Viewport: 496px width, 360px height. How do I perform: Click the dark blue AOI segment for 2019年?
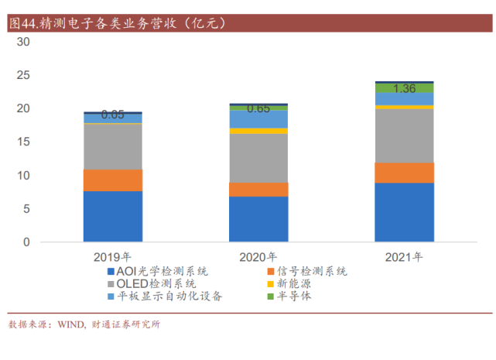pos(113,216)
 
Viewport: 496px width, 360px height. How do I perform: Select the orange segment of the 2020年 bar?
pos(258,190)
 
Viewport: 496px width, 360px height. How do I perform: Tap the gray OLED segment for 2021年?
pos(404,135)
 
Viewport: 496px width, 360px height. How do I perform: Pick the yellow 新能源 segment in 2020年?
pos(258,131)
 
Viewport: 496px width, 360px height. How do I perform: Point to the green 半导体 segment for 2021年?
pos(404,88)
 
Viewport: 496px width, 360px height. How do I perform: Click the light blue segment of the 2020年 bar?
pos(258,119)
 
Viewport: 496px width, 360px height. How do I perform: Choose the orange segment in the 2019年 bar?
pos(113,180)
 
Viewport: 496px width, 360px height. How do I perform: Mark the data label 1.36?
pos(404,89)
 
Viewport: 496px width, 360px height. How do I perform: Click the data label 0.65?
pos(258,108)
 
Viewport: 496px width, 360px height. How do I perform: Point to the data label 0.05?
pos(113,115)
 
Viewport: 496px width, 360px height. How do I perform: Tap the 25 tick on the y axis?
pos(23,75)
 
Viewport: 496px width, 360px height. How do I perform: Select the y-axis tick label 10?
pos(23,176)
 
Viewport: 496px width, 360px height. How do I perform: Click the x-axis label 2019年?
pos(112,257)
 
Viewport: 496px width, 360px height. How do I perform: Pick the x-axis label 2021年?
pos(404,257)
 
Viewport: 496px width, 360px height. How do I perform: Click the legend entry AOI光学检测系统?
pos(158,271)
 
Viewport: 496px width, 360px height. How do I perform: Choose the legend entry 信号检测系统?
pos(307,271)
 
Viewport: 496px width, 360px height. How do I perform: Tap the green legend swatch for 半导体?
pos(271,297)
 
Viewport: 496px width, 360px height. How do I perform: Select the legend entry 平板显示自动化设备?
pos(165,296)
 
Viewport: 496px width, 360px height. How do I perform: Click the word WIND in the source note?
pos(71,324)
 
